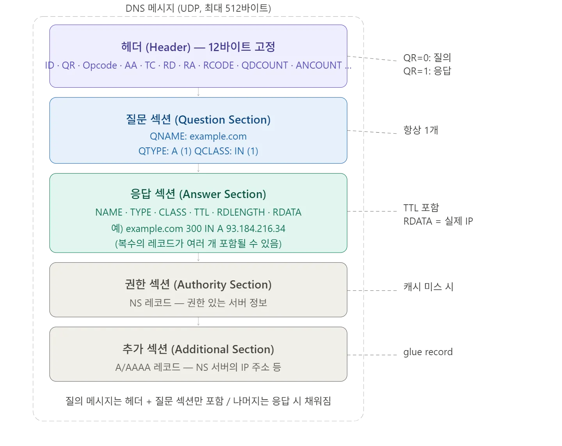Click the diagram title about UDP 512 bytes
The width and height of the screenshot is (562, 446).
(x=198, y=8)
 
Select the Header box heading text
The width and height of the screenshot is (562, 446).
(x=198, y=47)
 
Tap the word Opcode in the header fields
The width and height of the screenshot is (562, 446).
(x=100, y=65)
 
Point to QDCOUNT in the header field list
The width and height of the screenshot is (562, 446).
(x=265, y=65)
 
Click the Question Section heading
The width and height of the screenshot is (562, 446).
(x=198, y=120)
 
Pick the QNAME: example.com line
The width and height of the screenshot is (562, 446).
(x=198, y=136)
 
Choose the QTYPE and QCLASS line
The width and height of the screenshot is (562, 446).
(x=198, y=151)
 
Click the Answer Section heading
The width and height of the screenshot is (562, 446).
(x=198, y=194)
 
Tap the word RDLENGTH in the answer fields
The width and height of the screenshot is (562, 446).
(x=241, y=212)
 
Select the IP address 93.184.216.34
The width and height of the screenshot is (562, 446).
(x=256, y=228)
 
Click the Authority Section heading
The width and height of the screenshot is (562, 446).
(x=198, y=285)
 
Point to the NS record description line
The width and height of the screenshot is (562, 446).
(x=198, y=303)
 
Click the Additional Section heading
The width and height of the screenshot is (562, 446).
(x=198, y=349)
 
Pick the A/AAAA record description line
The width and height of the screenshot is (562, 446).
(x=198, y=367)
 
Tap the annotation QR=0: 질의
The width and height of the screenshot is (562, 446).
(x=427, y=58)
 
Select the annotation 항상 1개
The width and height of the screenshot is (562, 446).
(x=421, y=130)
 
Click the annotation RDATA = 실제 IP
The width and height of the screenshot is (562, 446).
(x=438, y=221)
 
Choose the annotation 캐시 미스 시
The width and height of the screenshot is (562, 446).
(x=428, y=287)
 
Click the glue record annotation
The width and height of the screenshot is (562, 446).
(x=428, y=352)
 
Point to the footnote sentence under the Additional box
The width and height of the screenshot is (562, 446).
(x=198, y=401)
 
